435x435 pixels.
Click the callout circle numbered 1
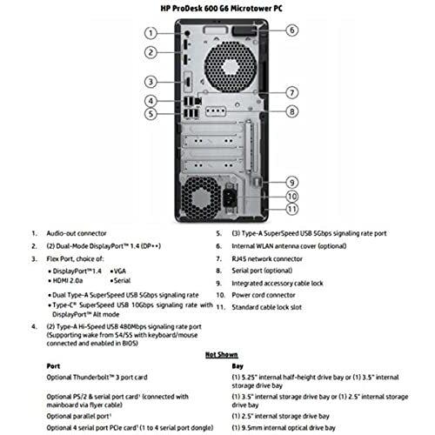tap(151, 32)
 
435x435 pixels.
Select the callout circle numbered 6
tap(292, 30)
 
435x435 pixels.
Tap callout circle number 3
tap(151, 82)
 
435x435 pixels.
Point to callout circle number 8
tap(292, 110)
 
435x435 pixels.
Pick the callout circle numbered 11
tap(292, 209)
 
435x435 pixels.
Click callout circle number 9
tap(292, 182)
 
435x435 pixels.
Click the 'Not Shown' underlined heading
tap(217, 355)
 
